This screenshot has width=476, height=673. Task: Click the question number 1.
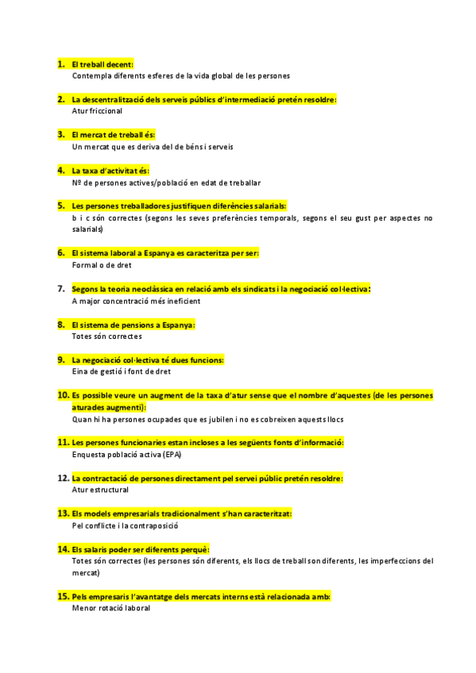coord(60,63)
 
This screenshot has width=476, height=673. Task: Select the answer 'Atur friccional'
coord(97,111)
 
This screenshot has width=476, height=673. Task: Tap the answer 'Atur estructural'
coord(99,490)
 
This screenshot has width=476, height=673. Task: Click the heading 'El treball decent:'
coord(103,64)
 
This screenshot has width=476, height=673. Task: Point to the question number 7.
coord(60,289)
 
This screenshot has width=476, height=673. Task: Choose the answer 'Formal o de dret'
coord(102,265)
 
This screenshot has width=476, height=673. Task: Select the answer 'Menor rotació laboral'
coord(110,608)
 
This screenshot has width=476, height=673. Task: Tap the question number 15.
coord(63,596)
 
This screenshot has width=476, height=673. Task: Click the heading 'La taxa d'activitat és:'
coord(110,171)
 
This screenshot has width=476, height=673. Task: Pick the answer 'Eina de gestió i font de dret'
coord(121,371)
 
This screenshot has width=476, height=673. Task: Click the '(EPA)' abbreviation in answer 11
coord(172,455)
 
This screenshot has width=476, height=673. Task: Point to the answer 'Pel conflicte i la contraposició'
coord(125,525)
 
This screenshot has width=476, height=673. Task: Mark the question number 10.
coord(63,395)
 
